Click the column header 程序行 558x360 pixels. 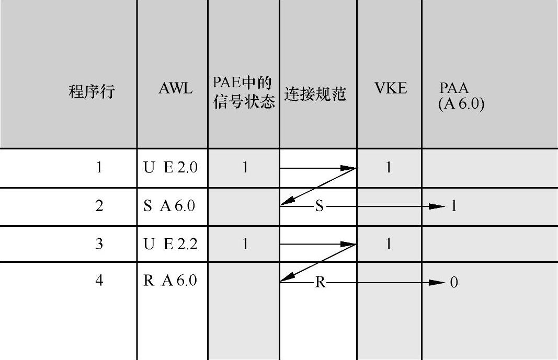92,92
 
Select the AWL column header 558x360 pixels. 175,89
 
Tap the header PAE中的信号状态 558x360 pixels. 244,92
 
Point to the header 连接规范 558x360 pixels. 315,94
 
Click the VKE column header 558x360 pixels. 390,89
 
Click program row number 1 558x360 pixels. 99,168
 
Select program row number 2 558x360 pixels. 99,206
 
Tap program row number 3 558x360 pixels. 99,244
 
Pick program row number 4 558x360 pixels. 99,281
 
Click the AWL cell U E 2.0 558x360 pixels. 171,168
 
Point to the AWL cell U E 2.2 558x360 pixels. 171,244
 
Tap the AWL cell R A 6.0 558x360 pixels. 170,281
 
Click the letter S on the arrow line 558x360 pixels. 320,207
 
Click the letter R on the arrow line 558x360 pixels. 321,283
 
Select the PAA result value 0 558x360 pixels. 454,283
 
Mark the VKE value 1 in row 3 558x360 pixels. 389,244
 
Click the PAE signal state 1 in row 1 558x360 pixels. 245,168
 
